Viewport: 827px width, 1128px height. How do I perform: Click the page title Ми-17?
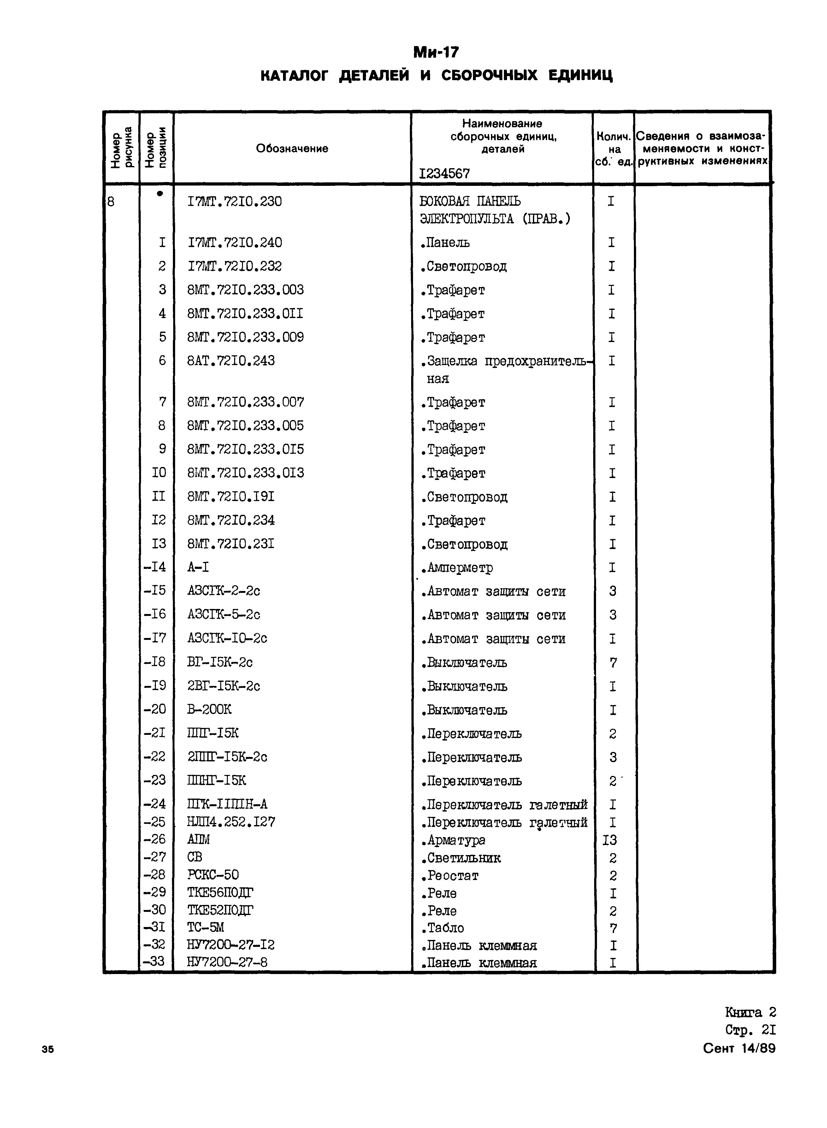(x=435, y=52)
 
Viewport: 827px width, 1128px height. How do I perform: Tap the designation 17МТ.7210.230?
(x=234, y=201)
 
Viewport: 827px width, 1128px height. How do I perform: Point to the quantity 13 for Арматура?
(x=610, y=840)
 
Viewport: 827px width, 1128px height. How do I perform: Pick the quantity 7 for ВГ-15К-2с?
(x=613, y=663)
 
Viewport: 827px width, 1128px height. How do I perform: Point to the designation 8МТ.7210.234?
(x=231, y=520)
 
